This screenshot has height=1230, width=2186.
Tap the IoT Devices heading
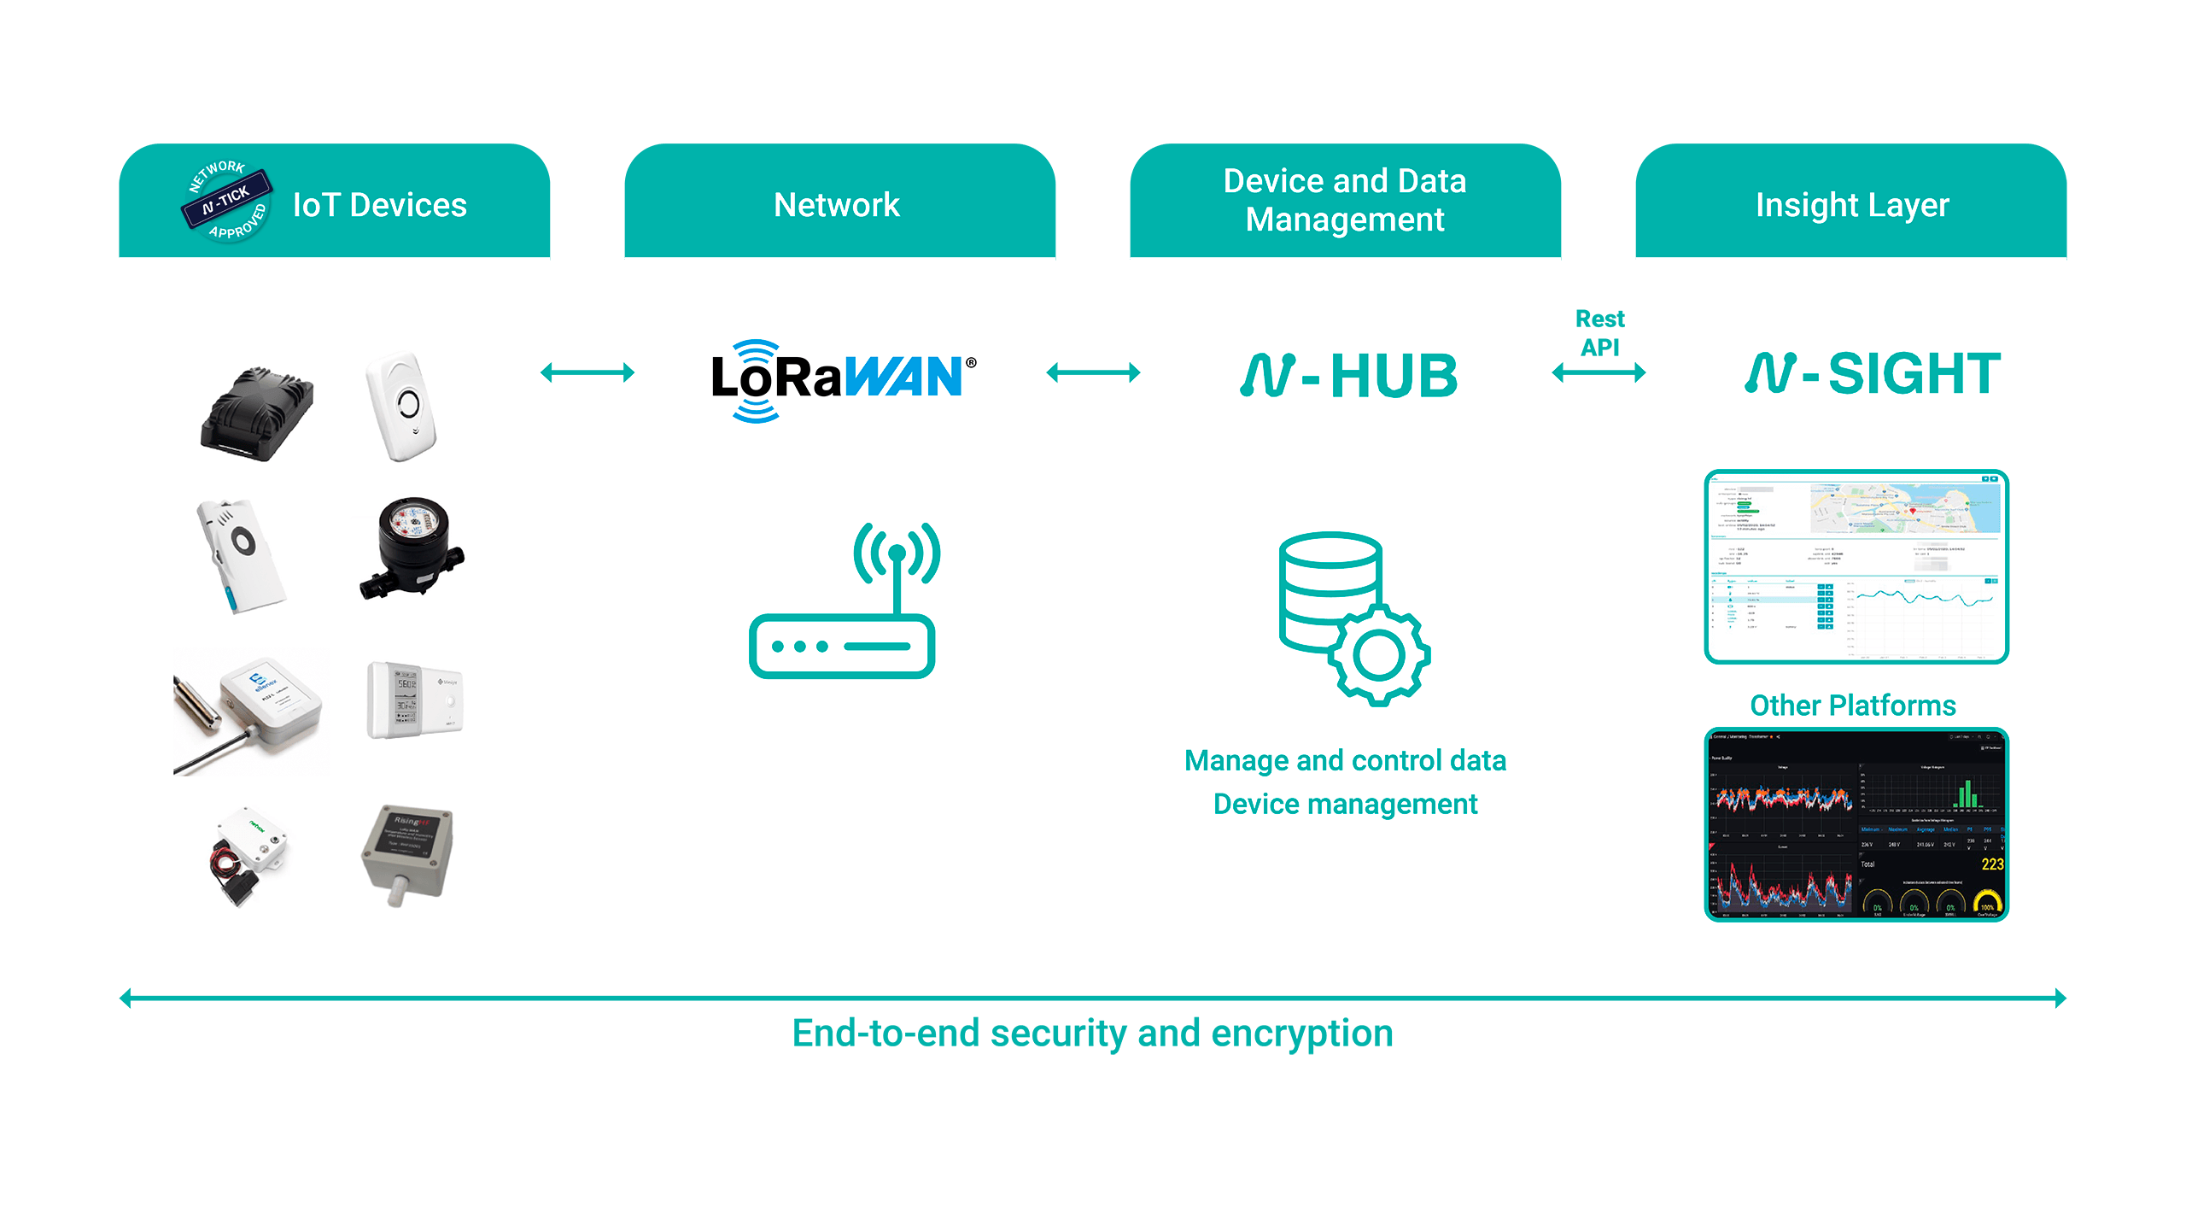(379, 205)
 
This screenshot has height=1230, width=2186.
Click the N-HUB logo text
(1348, 376)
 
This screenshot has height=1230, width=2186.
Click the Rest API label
(1599, 332)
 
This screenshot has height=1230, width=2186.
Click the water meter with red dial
(412, 547)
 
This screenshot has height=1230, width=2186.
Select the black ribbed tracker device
(257, 414)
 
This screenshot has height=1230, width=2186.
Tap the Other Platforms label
(1852, 706)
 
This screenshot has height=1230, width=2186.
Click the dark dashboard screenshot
(1856, 824)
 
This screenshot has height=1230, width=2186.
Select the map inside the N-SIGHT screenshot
(1905, 508)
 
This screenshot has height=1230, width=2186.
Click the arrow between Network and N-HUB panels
(1093, 372)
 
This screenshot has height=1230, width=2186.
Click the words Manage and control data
(1345, 760)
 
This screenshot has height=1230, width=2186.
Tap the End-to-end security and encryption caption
(1092, 1034)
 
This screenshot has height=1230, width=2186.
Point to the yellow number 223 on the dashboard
(1992, 864)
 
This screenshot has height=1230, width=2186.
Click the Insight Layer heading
(1852, 205)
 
